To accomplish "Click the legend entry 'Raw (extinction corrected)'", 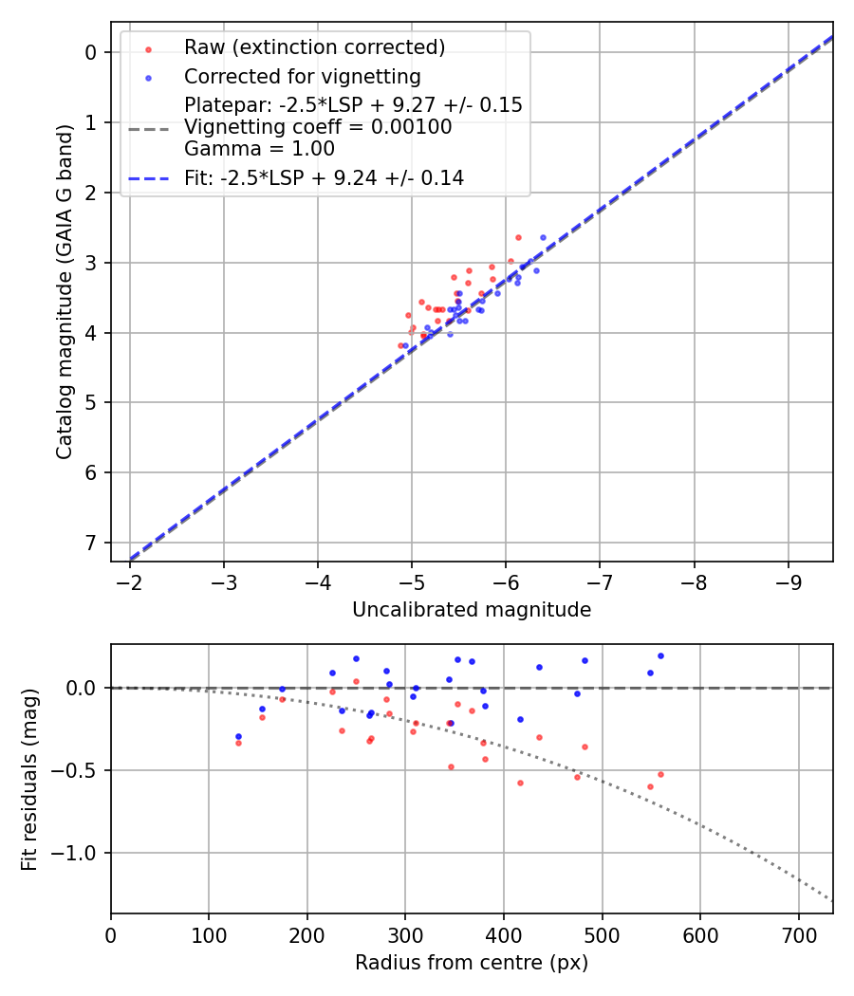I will (314, 47).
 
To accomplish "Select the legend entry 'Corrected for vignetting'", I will (302, 76).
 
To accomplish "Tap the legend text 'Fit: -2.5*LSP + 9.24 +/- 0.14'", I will (324, 178).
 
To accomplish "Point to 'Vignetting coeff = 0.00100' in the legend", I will (318, 127).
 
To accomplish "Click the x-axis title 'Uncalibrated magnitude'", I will (472, 610).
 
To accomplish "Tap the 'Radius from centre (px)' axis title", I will (472, 963).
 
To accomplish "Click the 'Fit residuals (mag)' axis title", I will (30, 779).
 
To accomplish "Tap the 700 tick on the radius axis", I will (798, 934).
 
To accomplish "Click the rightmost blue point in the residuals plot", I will (660, 655).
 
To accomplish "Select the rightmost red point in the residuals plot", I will (660, 774).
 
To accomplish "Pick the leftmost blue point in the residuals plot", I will (238, 736).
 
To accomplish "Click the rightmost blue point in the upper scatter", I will (543, 237).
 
